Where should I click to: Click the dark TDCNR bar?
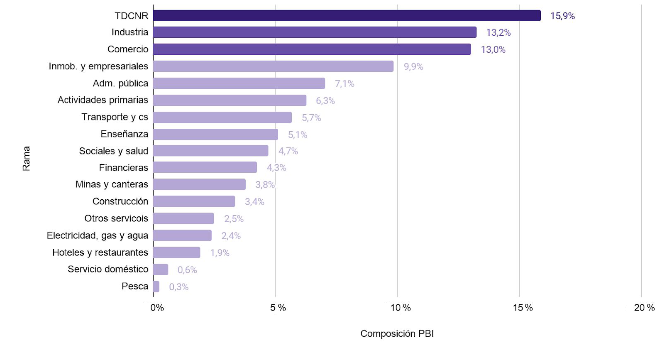pos(347,16)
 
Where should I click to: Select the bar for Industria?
pos(315,32)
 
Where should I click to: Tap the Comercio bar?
pos(312,49)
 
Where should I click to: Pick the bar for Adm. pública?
pos(239,83)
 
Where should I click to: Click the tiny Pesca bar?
pos(156,287)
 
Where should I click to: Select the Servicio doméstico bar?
pos(161,269)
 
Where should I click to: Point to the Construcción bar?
pos(194,201)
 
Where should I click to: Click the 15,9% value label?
pos(562,16)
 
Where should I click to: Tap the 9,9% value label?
pos(413,67)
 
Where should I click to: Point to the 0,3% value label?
pos(179,287)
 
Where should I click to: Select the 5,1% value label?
pos(298,135)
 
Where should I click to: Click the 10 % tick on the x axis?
pos(401,308)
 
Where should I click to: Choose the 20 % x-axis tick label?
pos(644,308)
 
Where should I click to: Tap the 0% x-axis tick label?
pos(157,308)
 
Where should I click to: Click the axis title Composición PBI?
pos(397,333)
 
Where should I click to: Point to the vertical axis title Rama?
pos(26,158)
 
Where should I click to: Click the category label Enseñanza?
pos(124,134)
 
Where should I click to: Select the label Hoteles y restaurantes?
pos(100,252)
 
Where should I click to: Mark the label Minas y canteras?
pos(112,184)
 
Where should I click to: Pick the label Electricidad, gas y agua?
pos(98,235)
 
